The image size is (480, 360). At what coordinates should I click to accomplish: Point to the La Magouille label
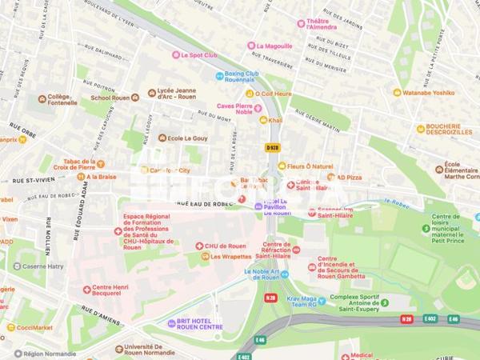point(274,46)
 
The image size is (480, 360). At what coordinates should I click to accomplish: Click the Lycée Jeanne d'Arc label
point(176,94)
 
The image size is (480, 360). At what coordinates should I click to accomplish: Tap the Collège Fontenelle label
point(62,99)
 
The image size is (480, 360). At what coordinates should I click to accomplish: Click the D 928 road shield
point(272,147)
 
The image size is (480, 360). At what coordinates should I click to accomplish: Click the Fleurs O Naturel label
point(311,166)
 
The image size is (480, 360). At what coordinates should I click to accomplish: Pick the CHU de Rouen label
point(223,246)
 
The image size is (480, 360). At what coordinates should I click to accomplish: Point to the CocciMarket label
point(32,327)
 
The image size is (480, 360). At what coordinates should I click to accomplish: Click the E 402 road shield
point(430,319)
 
